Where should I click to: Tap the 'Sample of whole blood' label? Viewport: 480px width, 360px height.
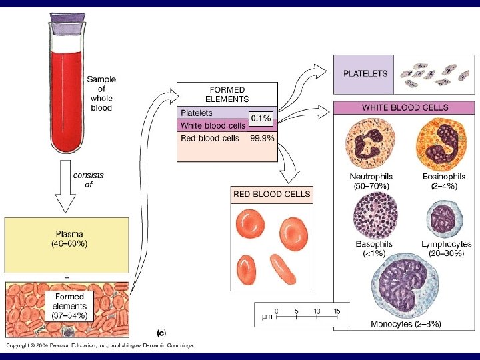point(101,93)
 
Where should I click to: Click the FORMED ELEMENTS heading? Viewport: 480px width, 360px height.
point(227,94)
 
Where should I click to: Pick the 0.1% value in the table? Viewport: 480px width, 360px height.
point(261,118)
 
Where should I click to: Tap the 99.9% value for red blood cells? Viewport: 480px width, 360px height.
point(261,138)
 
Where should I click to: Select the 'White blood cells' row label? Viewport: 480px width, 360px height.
point(208,126)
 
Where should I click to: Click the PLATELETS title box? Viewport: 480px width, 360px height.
point(365,74)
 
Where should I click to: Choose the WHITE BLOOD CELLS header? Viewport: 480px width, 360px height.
point(405,107)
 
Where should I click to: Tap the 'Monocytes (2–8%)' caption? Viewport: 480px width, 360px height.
point(405,324)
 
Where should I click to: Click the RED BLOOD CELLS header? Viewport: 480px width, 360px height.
point(271,194)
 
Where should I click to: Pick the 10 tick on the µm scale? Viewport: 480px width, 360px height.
point(317,311)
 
